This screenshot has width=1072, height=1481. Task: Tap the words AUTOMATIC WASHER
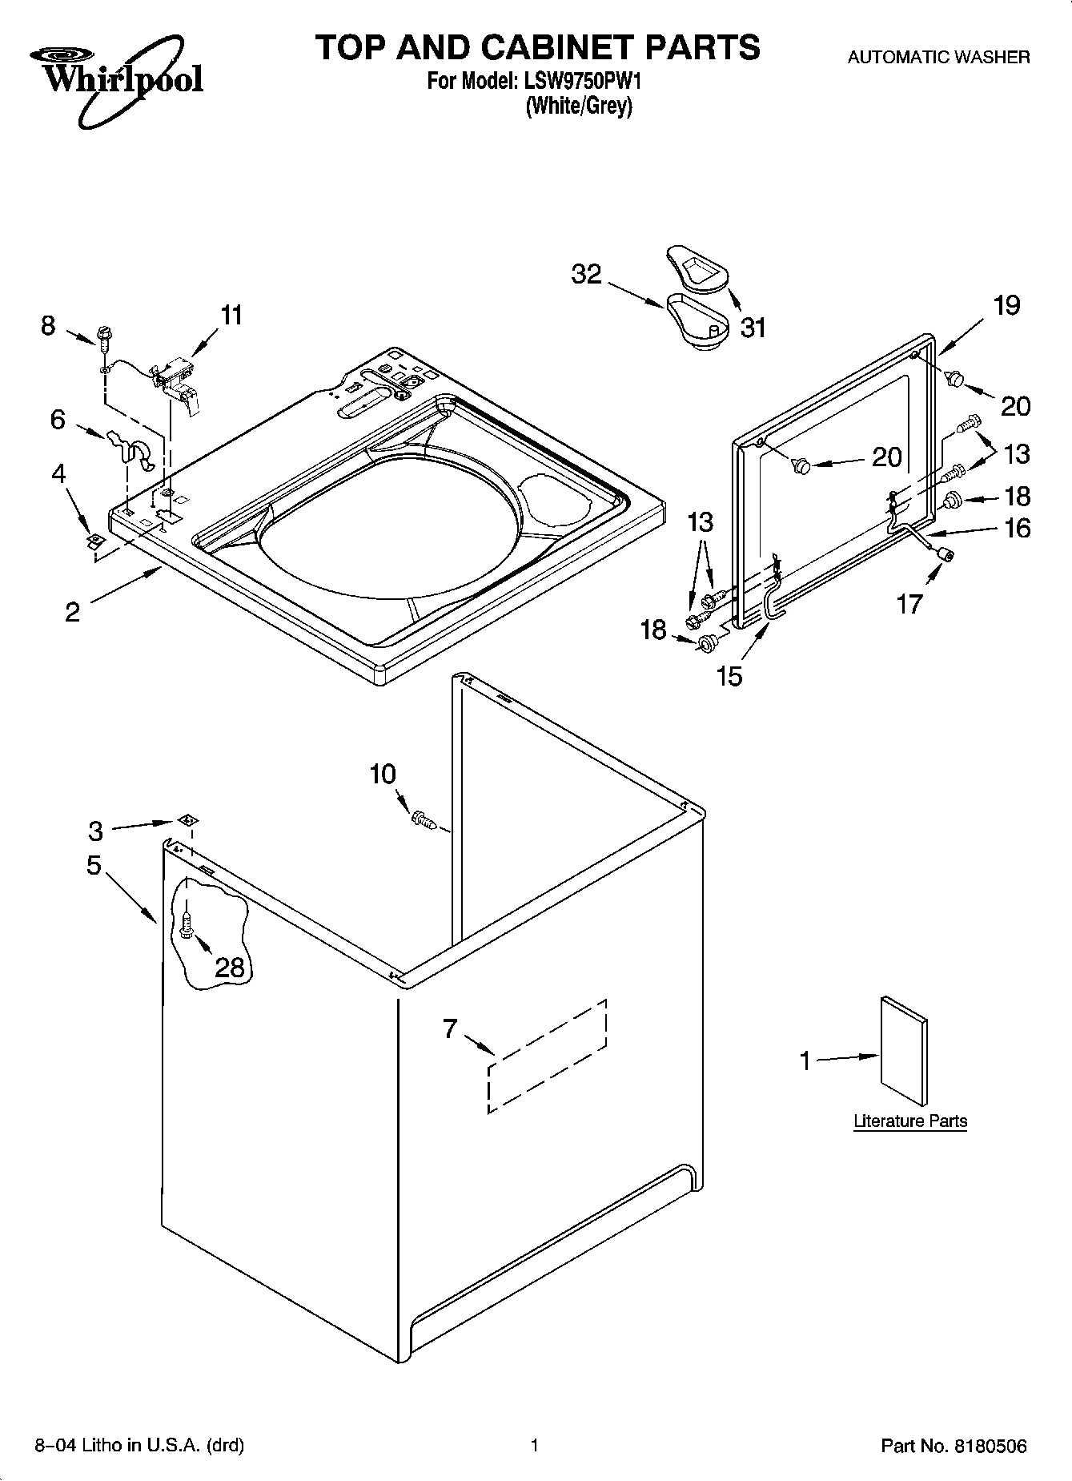(938, 58)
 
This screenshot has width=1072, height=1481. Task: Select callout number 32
(586, 274)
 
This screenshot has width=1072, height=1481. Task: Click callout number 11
(231, 316)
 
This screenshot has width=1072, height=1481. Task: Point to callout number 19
(1006, 305)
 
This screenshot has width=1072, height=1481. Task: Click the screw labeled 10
(423, 819)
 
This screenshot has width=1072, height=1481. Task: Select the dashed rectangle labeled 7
(548, 1056)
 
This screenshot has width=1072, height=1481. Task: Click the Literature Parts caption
(910, 1121)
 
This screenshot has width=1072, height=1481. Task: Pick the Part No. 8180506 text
(954, 1446)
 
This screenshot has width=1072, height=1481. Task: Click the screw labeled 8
(103, 336)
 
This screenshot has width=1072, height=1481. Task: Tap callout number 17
(909, 603)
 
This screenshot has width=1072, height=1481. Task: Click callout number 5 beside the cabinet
(94, 866)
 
